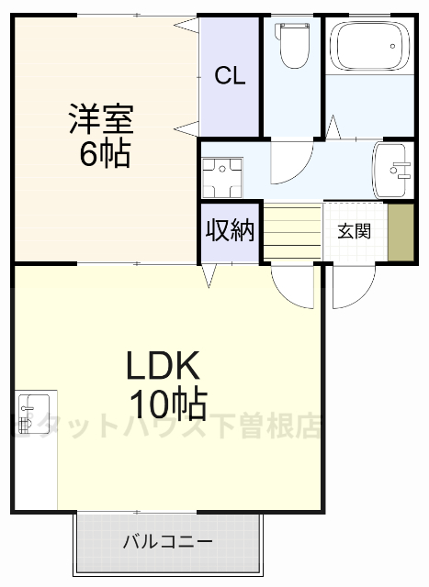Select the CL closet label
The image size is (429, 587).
coord(231,77)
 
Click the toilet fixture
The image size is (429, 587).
coord(294,50)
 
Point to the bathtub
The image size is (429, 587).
coord(369,45)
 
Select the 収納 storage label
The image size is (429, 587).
coord(229,230)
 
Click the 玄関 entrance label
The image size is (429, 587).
coord(354,231)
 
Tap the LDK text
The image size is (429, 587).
coord(163,367)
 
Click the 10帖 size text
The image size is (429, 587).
coord(166,403)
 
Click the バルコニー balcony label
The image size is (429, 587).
coord(168,541)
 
